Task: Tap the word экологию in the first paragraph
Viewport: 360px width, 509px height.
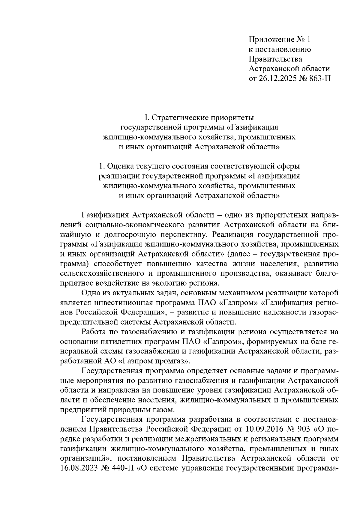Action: [172, 283]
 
